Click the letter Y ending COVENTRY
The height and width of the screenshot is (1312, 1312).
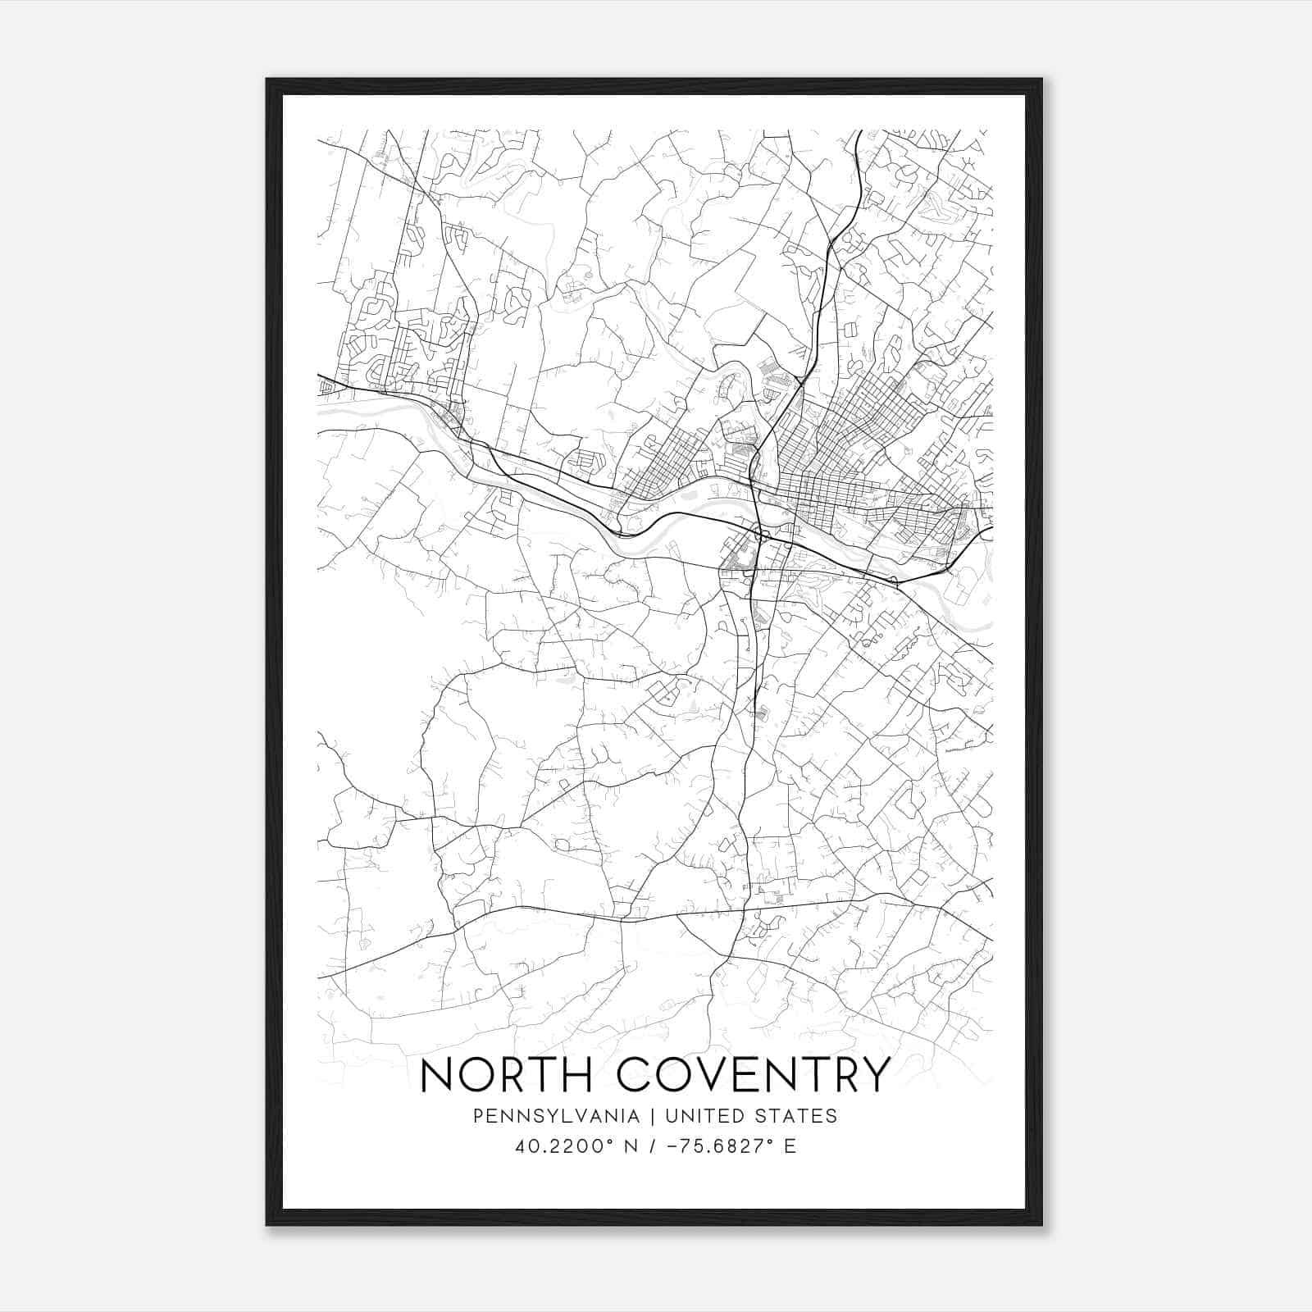click(x=875, y=1075)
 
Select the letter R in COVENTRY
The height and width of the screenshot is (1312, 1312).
click(x=844, y=1075)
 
